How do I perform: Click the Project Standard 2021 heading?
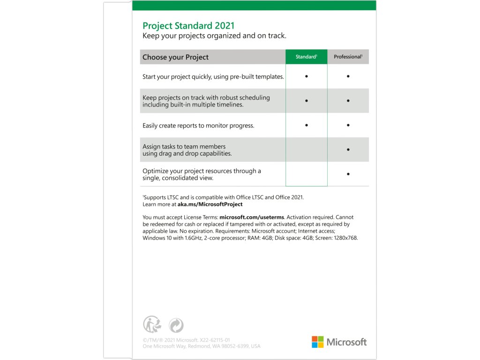point(188,26)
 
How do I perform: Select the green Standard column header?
point(306,57)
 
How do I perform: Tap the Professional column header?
point(348,57)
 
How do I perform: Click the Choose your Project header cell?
point(175,57)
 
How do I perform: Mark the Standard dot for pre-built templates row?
point(306,76)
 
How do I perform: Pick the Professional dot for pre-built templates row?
point(348,76)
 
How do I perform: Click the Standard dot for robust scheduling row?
point(306,101)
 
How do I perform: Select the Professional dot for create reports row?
point(348,125)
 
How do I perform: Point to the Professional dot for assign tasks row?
point(348,150)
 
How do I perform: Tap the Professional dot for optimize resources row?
point(348,174)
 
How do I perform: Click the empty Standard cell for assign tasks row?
point(306,150)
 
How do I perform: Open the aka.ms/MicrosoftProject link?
point(210,204)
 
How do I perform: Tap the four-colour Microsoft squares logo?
point(317,342)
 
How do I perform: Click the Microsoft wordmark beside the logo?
point(346,342)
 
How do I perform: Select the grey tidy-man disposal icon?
point(152,324)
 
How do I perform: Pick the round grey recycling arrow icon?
point(176,325)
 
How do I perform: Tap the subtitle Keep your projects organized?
point(214,36)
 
